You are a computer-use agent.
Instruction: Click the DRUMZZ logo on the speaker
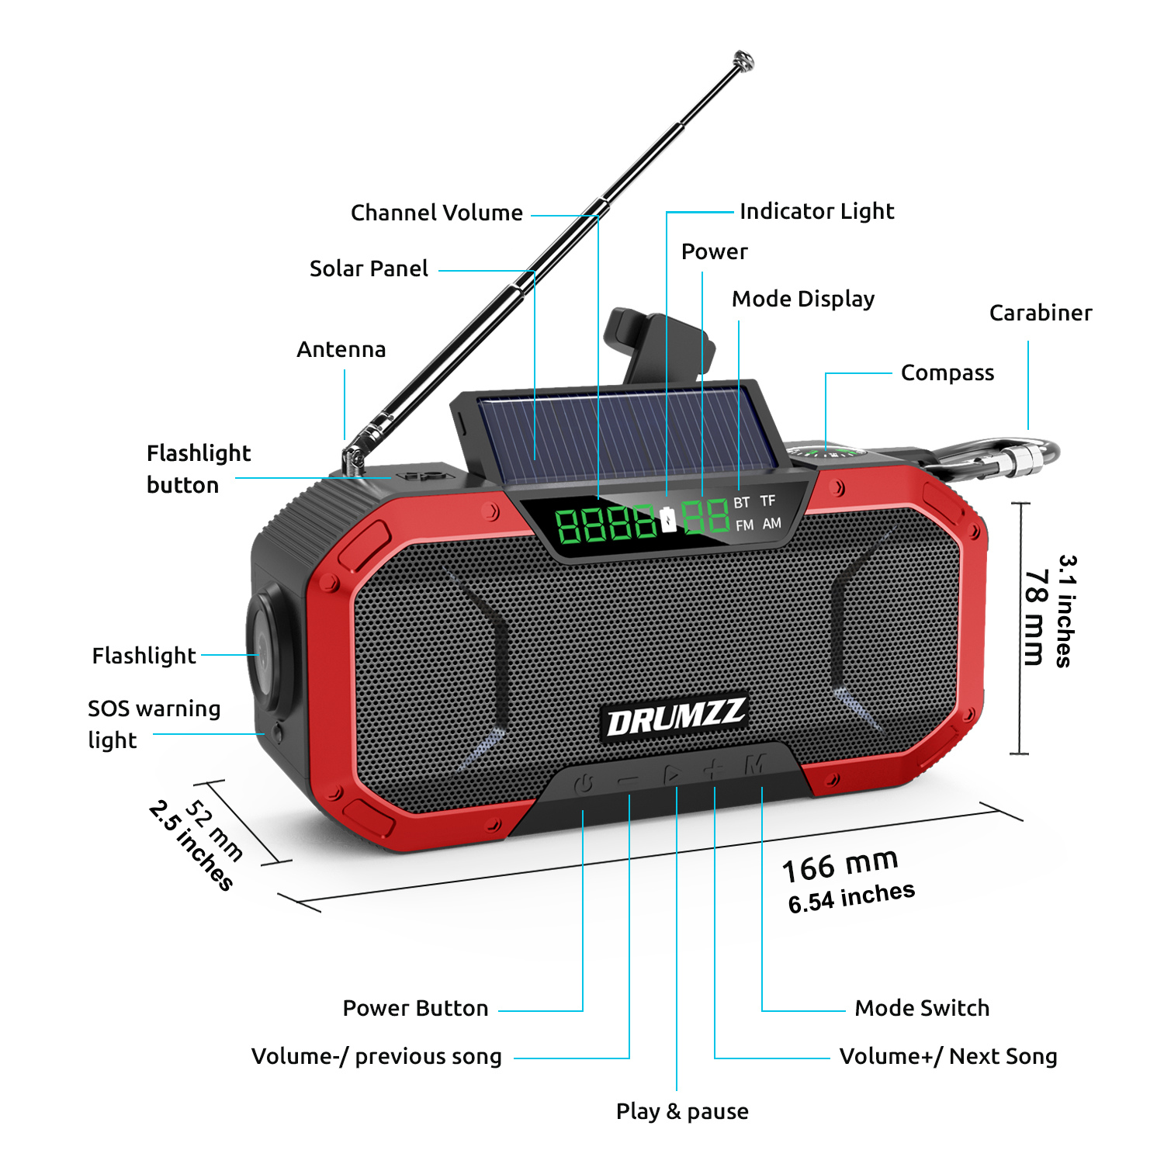(x=675, y=717)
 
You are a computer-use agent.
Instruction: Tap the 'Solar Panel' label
(x=369, y=268)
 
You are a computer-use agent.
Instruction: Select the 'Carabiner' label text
(x=1040, y=313)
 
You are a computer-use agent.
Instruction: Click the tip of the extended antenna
(x=743, y=61)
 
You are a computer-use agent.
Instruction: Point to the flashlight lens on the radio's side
(x=264, y=648)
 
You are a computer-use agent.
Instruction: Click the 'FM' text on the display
(x=744, y=525)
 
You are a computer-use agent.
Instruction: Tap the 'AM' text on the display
(x=771, y=523)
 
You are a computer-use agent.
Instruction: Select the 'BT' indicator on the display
(x=741, y=503)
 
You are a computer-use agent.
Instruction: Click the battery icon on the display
(x=668, y=520)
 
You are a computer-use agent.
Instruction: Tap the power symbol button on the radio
(x=584, y=784)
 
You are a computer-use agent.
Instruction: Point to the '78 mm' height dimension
(x=1036, y=617)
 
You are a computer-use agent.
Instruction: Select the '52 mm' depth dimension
(x=214, y=830)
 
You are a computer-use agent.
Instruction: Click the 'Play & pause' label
(x=682, y=1111)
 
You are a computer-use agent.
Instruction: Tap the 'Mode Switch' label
(x=922, y=1008)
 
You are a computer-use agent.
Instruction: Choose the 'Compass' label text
(x=947, y=373)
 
